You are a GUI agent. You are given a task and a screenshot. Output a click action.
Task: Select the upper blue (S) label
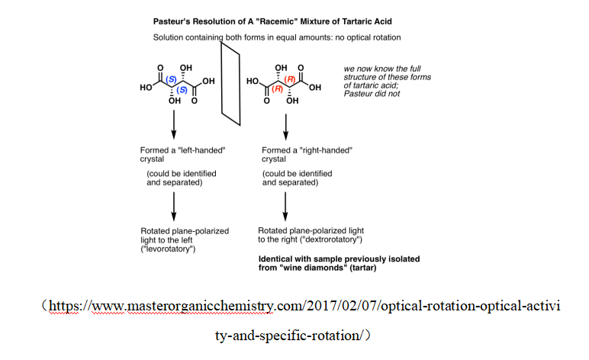(x=174, y=79)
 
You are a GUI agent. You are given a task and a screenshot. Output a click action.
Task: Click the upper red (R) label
(x=291, y=79)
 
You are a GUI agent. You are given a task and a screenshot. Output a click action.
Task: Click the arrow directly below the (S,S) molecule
(x=175, y=122)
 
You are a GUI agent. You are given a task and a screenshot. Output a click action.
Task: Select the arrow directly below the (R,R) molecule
(x=285, y=122)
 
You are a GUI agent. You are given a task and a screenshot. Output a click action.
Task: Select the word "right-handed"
(x=323, y=150)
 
